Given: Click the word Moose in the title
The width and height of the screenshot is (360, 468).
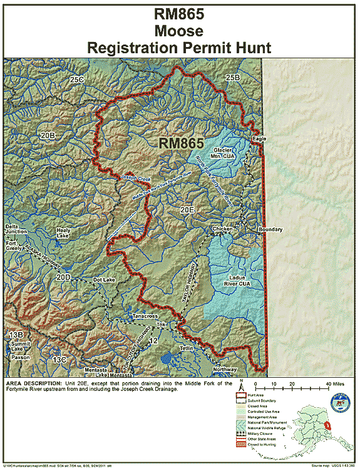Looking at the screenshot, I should (180, 29).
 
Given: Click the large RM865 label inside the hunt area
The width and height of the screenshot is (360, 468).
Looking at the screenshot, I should (182, 143).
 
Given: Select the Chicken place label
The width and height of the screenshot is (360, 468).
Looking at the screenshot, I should (222, 229).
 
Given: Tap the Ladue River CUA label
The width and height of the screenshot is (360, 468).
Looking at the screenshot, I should (236, 280).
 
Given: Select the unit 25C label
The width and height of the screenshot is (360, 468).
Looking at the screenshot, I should (77, 80).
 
